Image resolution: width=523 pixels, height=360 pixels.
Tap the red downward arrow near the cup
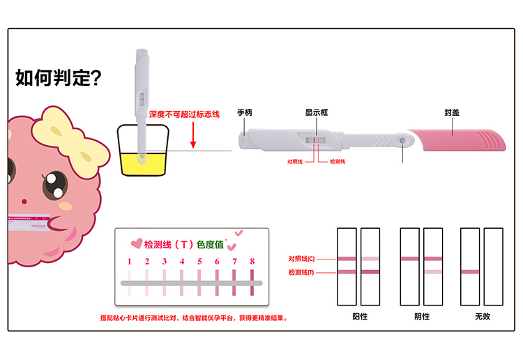193,136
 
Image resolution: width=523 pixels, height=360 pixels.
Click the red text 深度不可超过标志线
184,113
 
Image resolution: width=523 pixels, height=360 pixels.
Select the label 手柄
244,112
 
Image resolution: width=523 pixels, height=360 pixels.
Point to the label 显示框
316,112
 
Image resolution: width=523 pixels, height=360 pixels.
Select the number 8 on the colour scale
252,262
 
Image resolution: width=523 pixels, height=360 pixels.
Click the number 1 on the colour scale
130,262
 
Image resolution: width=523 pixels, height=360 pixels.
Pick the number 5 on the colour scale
199,262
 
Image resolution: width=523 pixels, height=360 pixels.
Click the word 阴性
422,316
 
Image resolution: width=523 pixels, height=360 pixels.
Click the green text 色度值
210,245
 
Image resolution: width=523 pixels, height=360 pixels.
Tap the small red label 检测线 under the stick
338,161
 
